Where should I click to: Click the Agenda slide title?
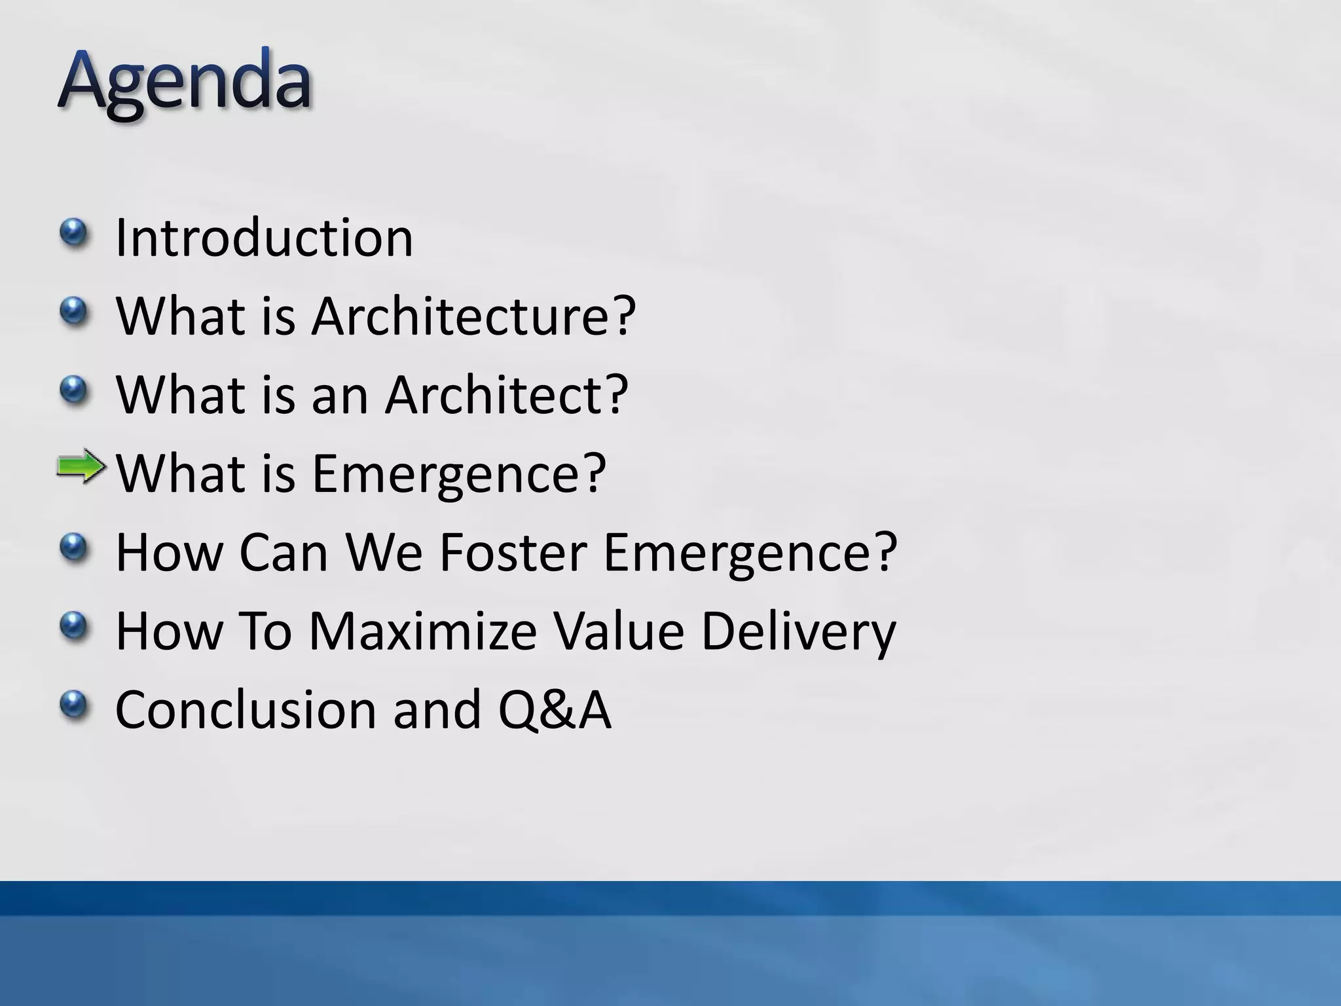(x=185, y=81)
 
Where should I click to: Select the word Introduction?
(x=264, y=237)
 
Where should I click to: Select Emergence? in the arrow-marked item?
(x=459, y=474)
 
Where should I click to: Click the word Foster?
(x=513, y=552)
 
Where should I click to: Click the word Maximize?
(x=422, y=631)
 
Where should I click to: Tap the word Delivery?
(x=798, y=632)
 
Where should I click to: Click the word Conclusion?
(x=246, y=709)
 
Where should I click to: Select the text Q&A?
(x=555, y=711)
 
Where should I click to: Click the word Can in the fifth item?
(x=283, y=552)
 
